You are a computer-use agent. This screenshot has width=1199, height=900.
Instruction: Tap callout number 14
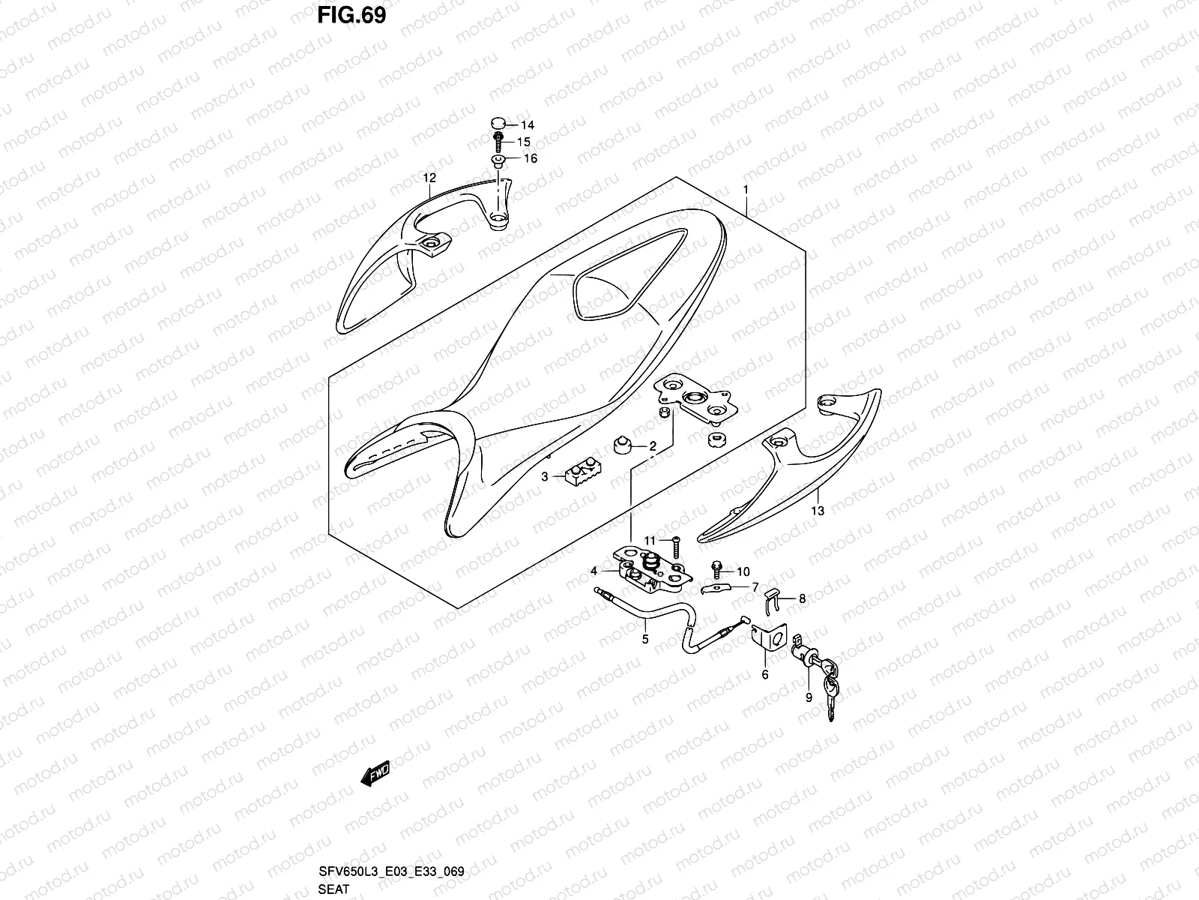tap(528, 125)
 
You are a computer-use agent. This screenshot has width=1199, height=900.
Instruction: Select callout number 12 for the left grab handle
tap(429, 178)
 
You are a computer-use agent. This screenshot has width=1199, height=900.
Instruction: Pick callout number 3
tap(546, 476)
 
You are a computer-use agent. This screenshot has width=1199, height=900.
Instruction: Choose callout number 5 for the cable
tap(644, 640)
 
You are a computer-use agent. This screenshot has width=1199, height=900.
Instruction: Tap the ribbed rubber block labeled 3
tap(584, 475)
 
